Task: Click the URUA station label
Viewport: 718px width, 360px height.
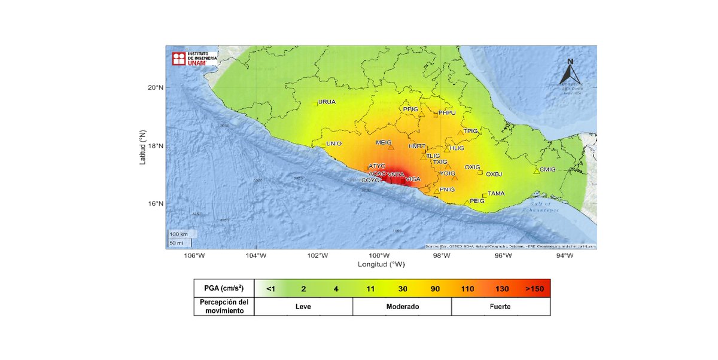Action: coord(327,102)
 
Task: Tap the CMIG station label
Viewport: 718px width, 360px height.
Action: coord(547,169)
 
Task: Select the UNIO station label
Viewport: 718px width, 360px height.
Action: coord(333,144)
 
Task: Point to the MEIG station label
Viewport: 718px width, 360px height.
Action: coord(383,142)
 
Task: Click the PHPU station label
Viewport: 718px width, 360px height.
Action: coord(447,112)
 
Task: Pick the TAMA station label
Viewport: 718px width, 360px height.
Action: coord(496,194)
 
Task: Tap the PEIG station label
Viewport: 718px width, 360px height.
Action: coord(477,201)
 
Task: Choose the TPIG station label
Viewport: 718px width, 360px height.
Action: coord(471,130)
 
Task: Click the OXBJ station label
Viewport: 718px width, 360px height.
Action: coord(494,175)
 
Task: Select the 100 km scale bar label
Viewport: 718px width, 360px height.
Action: coord(178,233)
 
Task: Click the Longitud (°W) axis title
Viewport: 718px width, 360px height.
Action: coord(381,264)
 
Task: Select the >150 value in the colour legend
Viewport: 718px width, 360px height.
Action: coord(534,289)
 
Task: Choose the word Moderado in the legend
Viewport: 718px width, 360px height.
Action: coord(401,307)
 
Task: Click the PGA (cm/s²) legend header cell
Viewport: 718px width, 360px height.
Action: coord(224,289)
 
